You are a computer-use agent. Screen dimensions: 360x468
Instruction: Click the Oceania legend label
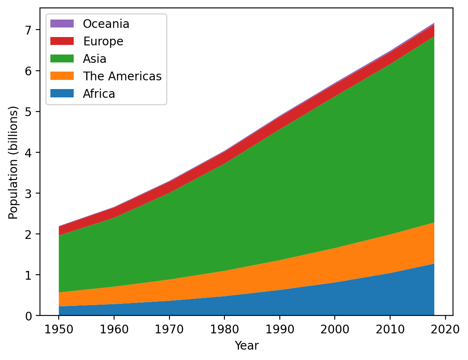click(x=106, y=24)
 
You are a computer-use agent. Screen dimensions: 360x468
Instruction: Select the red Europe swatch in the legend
click(x=62, y=41)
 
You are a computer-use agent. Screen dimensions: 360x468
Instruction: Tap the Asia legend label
click(x=95, y=59)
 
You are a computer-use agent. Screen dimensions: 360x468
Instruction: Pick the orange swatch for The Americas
click(x=62, y=76)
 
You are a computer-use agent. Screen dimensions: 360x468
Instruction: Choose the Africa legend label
click(x=99, y=94)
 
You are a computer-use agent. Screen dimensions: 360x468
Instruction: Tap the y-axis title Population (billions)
click(x=14, y=162)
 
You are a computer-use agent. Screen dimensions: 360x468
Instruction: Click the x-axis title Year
click(x=246, y=345)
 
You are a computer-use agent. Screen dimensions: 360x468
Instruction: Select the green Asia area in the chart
click(x=271, y=166)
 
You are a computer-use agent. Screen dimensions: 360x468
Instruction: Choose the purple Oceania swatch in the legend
click(x=62, y=24)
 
